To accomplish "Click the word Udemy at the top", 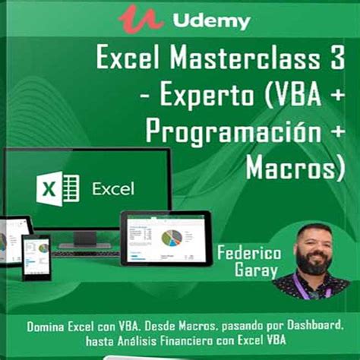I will coord(210,21).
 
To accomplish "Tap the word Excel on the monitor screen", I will coord(113,187).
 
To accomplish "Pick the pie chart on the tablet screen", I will coord(173,236).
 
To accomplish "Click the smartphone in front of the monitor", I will coord(36,256).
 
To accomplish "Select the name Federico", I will coord(248,253).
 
